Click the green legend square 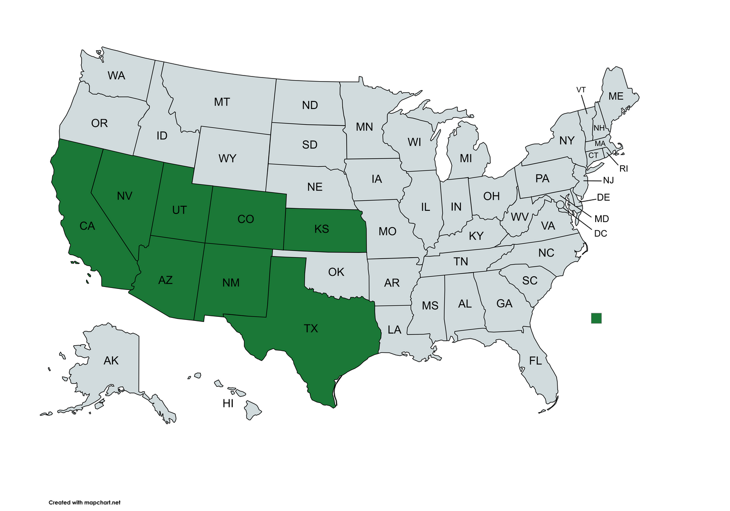[596, 318]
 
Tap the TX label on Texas [311, 328]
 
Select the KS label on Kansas [321, 229]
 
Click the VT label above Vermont [581, 90]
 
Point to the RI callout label [624, 169]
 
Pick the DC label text [600, 234]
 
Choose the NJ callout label [608, 180]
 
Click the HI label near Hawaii [228, 404]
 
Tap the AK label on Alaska [111, 361]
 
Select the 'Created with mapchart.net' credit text [85, 502]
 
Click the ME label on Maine [615, 96]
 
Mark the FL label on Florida [535, 361]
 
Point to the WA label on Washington [116, 76]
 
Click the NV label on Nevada [124, 196]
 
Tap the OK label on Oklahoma [336, 272]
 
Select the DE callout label [603, 198]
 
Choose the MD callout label [601, 219]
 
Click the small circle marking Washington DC [560, 205]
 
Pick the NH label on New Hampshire [599, 128]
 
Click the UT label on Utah [179, 210]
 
